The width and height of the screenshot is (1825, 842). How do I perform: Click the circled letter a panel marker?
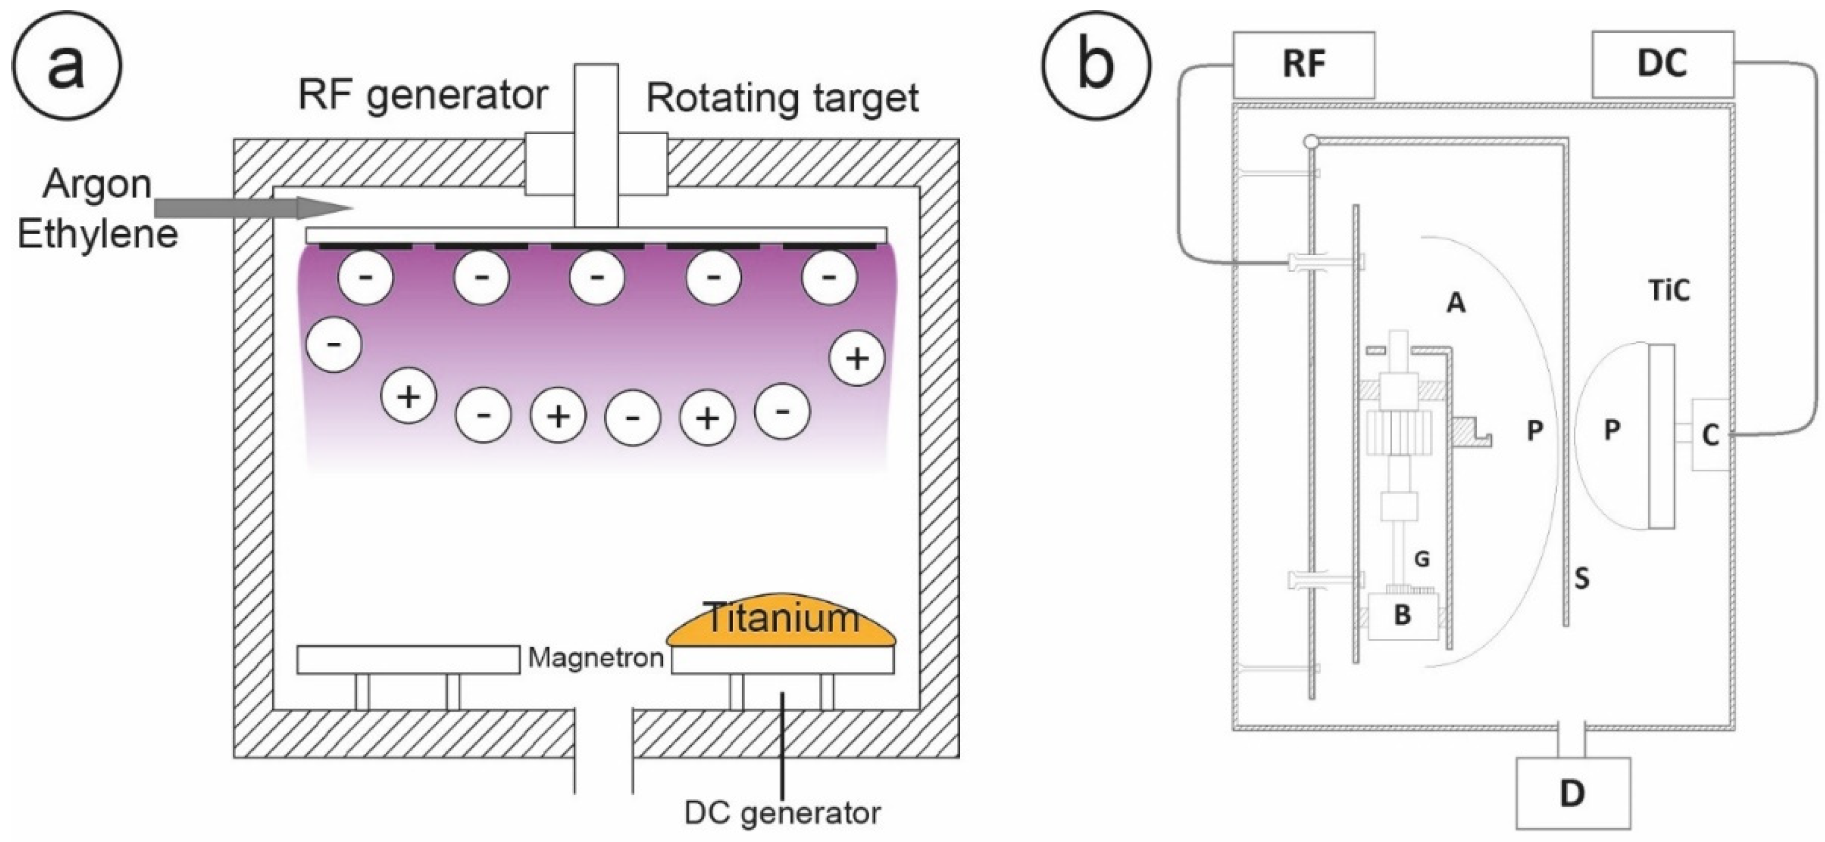click(x=66, y=66)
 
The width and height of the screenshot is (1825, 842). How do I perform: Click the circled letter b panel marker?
click(x=1096, y=66)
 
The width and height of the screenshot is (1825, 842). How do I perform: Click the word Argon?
click(x=98, y=186)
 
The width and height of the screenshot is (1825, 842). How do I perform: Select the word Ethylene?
click(x=98, y=235)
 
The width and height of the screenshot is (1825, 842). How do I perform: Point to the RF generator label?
click(x=423, y=95)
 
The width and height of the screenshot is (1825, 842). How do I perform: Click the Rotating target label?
click(x=782, y=98)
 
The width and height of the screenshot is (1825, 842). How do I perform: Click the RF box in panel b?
click(x=1303, y=64)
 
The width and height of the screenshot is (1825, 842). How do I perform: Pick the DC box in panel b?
click(x=1662, y=64)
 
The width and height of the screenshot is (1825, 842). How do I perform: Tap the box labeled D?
click(x=1573, y=793)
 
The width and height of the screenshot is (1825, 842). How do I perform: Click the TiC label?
click(x=1670, y=291)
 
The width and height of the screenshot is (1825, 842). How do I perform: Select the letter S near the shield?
click(x=1581, y=579)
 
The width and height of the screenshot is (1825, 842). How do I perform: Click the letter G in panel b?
click(x=1421, y=559)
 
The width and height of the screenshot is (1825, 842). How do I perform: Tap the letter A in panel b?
click(x=1455, y=303)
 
